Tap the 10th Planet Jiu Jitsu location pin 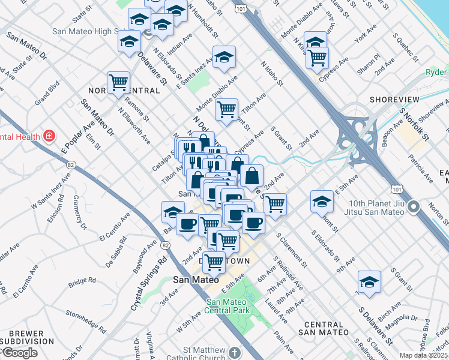tap(413, 208)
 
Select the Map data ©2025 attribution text tap(423, 355)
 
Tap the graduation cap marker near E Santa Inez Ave tap(224, 57)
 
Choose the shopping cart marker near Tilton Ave tap(226, 110)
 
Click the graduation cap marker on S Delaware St tap(369, 281)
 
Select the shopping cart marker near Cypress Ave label tap(316, 58)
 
